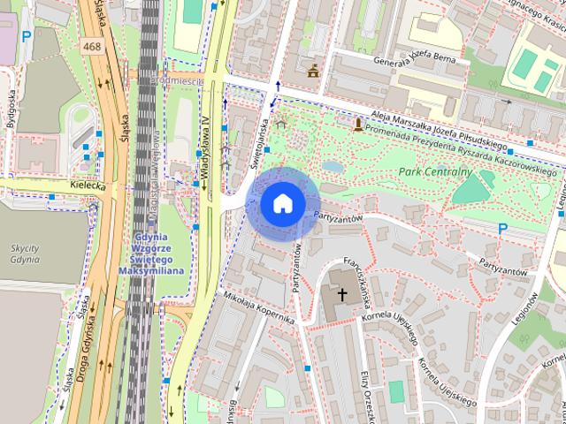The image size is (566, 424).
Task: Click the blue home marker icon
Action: [x=282, y=203]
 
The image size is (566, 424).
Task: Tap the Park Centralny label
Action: [x=434, y=171]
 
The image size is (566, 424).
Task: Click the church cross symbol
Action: [x=342, y=292]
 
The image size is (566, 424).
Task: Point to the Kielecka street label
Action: [x=88, y=186]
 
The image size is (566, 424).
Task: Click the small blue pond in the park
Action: [x=333, y=166]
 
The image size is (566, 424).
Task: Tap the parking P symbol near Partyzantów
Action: [x=502, y=229]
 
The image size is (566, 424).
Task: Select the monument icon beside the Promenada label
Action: [x=357, y=125]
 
